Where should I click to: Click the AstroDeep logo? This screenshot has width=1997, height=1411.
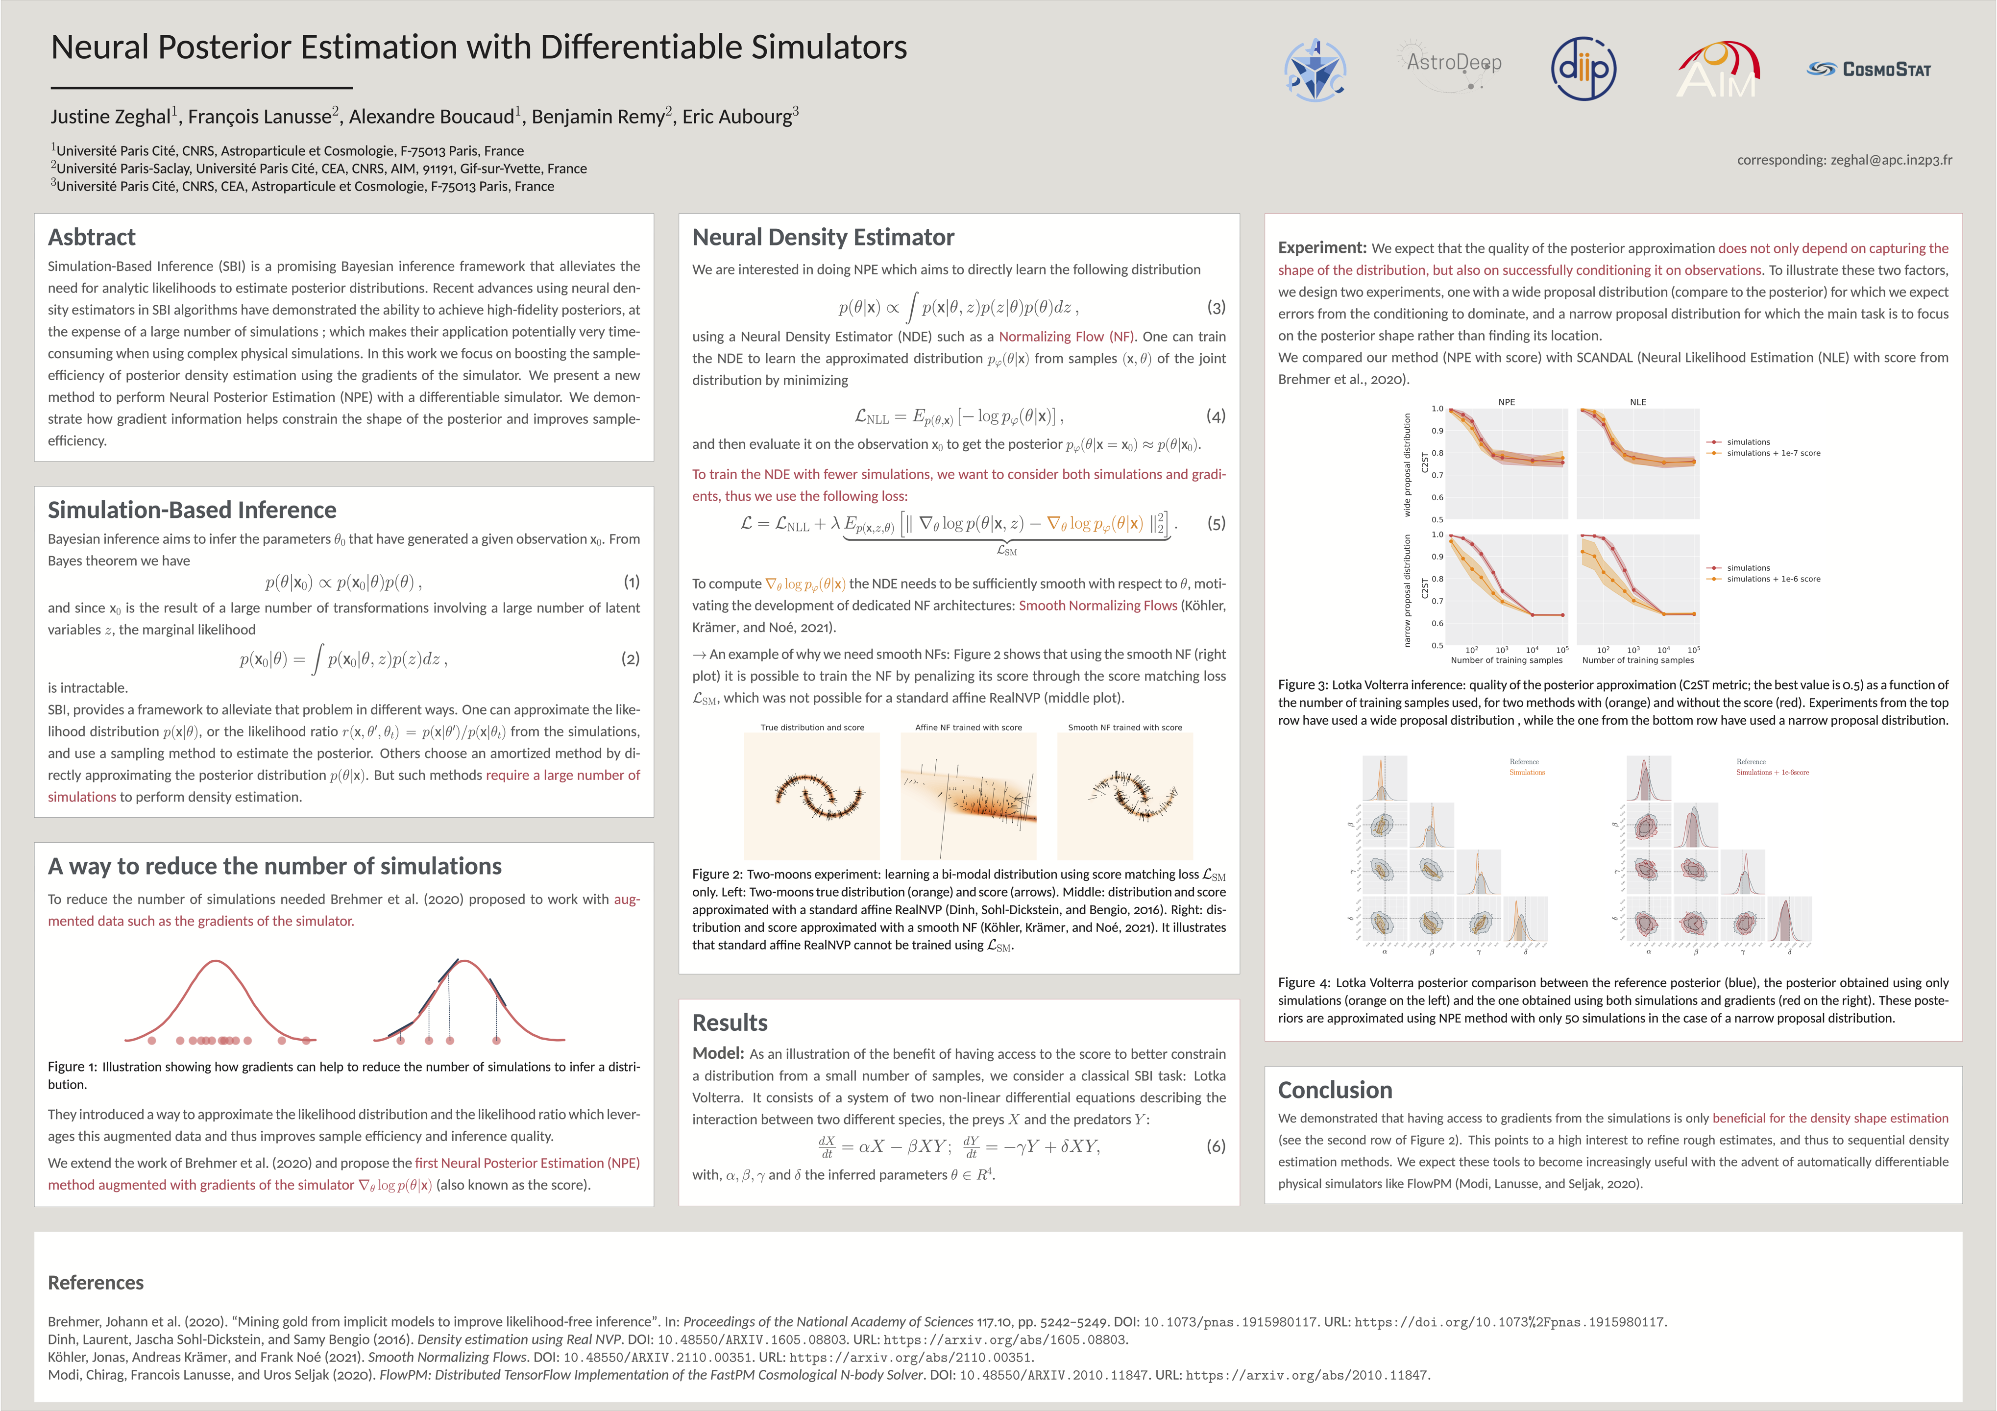point(1453,65)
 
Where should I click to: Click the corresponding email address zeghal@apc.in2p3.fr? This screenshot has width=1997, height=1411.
point(1844,160)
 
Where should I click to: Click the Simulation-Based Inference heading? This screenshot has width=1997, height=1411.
point(192,510)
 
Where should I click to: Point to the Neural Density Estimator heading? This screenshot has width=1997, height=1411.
point(823,238)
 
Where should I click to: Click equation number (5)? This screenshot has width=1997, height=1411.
point(1216,524)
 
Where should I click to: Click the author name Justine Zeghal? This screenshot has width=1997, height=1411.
point(110,117)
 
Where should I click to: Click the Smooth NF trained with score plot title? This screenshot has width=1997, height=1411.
point(1124,727)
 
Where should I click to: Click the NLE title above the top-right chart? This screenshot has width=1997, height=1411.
point(1638,402)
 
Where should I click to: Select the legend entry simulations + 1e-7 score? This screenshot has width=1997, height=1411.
point(1774,453)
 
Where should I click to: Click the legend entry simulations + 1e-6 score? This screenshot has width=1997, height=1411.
point(1774,580)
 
